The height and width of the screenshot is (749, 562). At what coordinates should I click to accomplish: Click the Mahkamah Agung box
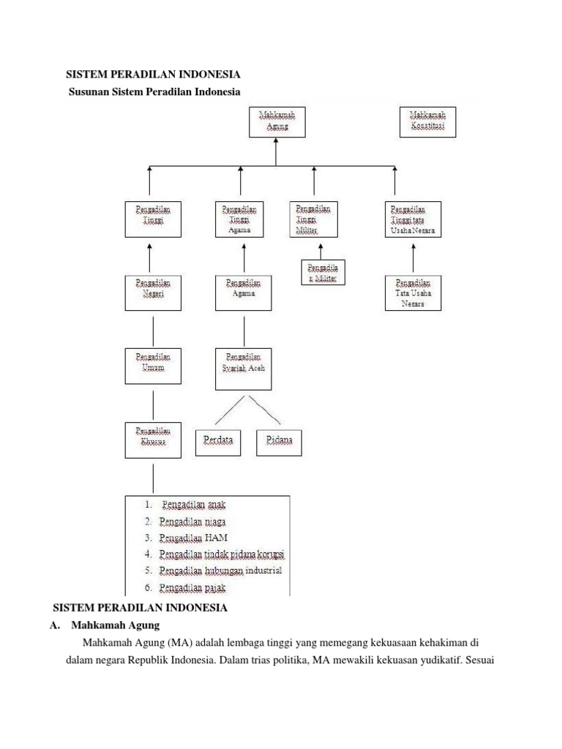click(275, 121)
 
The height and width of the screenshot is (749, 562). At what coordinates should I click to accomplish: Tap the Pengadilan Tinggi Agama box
click(240, 219)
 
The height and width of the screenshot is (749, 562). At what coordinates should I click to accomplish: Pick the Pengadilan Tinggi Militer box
click(313, 219)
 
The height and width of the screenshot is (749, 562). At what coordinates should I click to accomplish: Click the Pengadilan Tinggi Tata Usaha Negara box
click(413, 219)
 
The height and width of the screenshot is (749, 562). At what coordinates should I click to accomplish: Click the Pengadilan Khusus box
click(153, 440)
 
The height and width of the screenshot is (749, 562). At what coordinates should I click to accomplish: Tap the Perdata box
click(218, 441)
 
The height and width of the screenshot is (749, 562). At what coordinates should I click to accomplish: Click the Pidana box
click(279, 441)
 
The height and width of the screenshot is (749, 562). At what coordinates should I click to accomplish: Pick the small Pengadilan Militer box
click(323, 272)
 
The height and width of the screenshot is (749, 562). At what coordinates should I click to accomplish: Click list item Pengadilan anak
click(194, 505)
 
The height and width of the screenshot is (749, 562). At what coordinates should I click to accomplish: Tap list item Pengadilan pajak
click(194, 587)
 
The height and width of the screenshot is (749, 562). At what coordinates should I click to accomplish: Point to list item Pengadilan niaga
click(194, 522)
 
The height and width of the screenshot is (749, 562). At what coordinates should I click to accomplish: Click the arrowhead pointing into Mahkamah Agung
click(275, 141)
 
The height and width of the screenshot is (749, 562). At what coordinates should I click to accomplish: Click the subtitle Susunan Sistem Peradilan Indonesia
click(154, 91)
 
